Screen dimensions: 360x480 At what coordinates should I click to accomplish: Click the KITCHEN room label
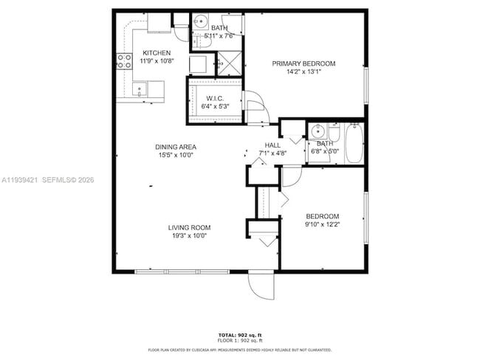(x=157, y=53)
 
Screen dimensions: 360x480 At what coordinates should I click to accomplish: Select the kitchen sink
(x=138, y=90)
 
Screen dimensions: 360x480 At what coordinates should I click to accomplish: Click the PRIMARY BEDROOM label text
(x=304, y=64)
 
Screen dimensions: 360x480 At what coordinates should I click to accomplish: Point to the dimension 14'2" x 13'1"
(x=304, y=73)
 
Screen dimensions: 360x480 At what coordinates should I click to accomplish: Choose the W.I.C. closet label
(x=215, y=98)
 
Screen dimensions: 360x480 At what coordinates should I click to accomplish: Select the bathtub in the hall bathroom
(x=354, y=143)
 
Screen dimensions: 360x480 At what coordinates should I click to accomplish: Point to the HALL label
(x=272, y=145)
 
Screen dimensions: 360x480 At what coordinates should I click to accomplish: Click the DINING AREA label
(x=175, y=147)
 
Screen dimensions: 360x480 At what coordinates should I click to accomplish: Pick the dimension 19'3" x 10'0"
(x=189, y=236)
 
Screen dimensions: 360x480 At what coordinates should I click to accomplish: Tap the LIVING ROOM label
(x=189, y=227)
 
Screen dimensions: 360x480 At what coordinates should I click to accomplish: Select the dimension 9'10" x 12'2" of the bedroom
(x=322, y=225)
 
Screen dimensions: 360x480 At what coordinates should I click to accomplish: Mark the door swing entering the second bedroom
(x=290, y=176)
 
